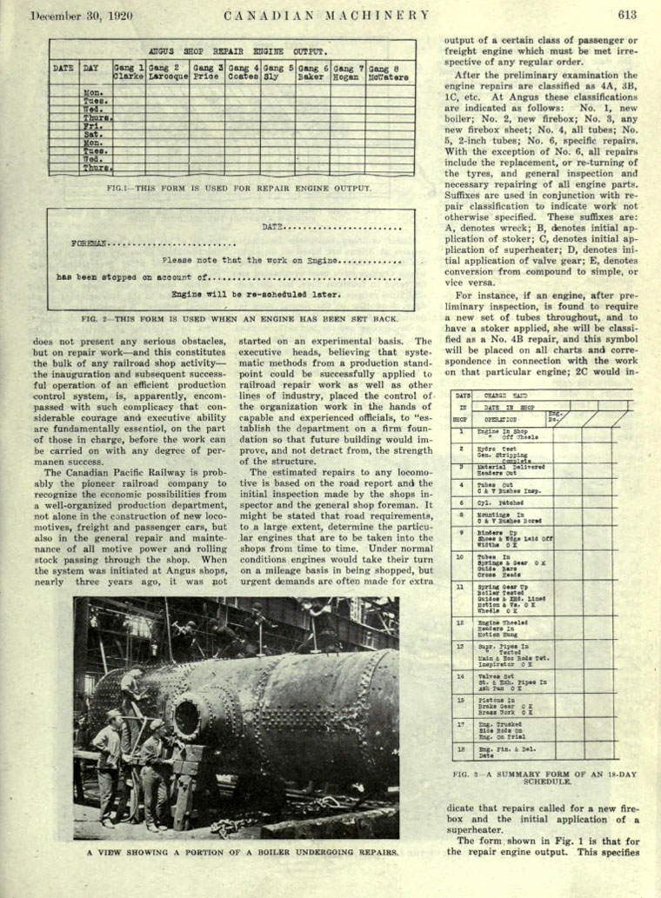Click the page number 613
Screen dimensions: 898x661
point(628,14)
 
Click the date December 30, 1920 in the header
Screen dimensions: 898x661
point(75,15)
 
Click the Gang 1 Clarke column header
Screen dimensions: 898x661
point(129,71)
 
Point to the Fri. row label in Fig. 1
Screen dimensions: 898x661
point(92,125)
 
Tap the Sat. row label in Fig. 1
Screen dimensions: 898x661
point(92,134)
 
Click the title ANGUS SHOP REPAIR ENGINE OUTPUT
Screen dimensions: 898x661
point(237,51)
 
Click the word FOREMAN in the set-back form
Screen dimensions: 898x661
point(90,243)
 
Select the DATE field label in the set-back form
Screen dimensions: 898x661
point(273,227)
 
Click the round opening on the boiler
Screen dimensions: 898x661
point(187,718)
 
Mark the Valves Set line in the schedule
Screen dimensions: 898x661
point(492,675)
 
